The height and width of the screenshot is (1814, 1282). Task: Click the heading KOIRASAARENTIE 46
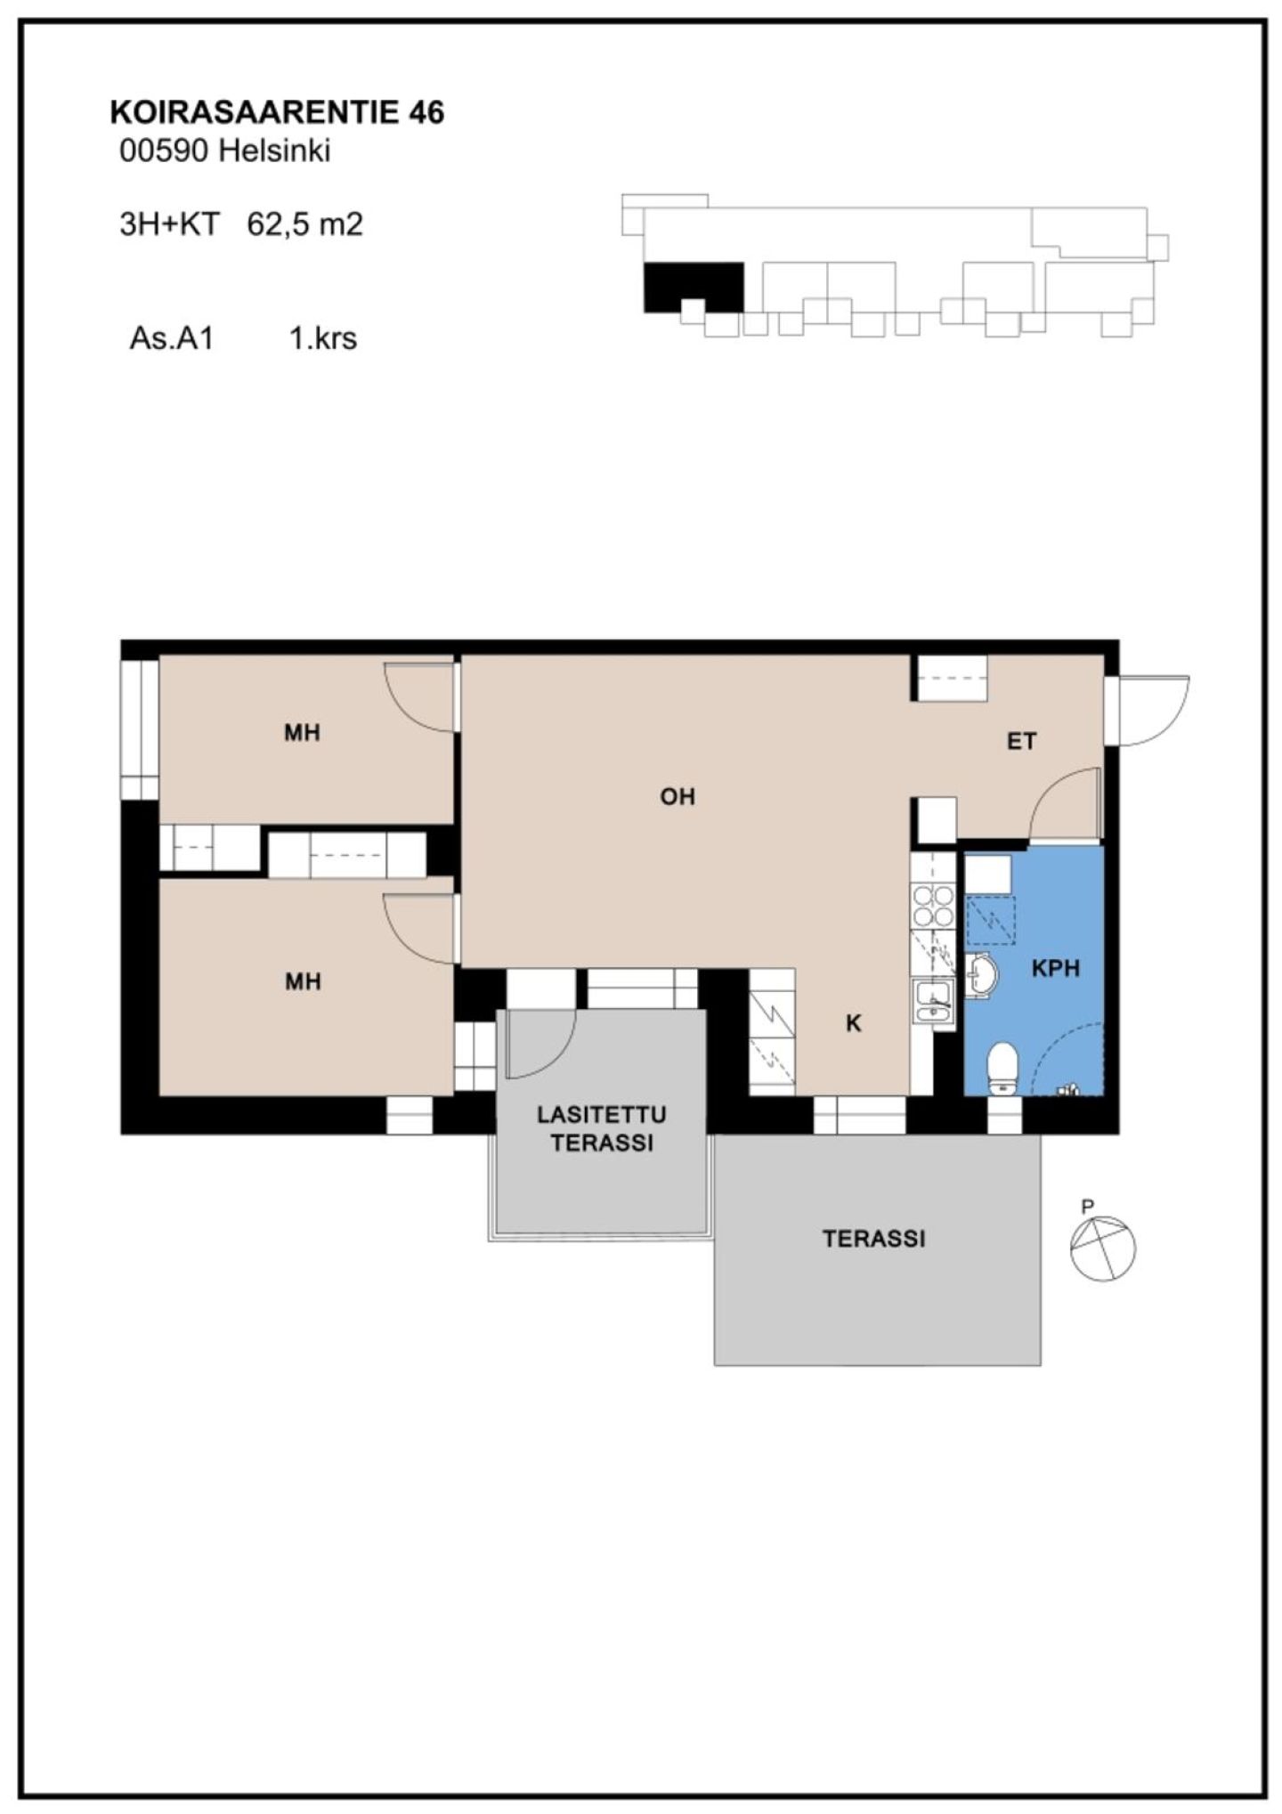click(x=277, y=112)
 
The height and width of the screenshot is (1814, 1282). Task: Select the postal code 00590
click(x=165, y=151)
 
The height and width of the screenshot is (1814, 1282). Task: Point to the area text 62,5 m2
click(x=305, y=224)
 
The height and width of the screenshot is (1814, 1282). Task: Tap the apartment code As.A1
click(x=172, y=338)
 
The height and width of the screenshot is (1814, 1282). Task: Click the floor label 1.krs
click(x=323, y=338)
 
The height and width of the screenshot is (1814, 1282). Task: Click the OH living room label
click(x=678, y=796)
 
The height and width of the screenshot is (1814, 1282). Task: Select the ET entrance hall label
click(x=1021, y=741)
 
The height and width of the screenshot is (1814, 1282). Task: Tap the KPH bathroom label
click(x=1056, y=968)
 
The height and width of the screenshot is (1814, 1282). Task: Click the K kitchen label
click(x=853, y=1024)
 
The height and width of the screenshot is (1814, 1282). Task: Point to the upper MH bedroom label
click(x=302, y=733)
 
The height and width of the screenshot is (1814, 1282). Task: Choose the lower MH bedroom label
click(x=302, y=981)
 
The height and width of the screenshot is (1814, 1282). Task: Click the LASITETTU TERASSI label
click(x=602, y=1128)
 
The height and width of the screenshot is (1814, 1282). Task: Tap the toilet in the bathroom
click(x=1002, y=1068)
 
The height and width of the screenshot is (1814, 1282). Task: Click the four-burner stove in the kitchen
click(x=933, y=905)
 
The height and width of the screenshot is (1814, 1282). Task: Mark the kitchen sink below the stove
click(x=933, y=1002)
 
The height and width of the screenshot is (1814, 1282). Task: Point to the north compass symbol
click(x=1102, y=1248)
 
